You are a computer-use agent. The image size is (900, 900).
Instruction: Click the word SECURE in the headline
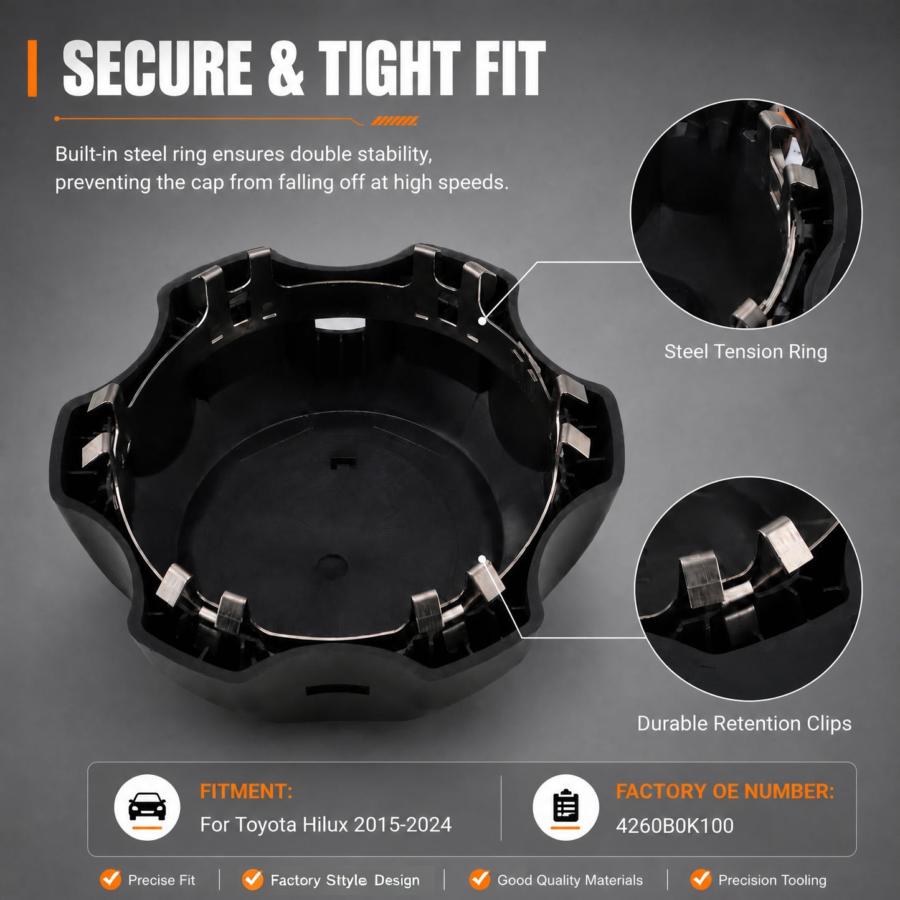pos(158,68)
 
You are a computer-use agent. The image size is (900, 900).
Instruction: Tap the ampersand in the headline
pos(285,68)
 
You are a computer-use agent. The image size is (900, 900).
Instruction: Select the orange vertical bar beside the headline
pos(32,68)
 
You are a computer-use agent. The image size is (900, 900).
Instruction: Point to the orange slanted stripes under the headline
pos(394,121)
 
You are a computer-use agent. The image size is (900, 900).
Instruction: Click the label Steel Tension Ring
pos(746,351)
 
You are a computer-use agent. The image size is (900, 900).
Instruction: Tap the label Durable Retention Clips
pos(744,724)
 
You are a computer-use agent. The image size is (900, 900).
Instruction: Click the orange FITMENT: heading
pos(246,792)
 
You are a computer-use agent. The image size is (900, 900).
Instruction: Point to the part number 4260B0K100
pos(675,826)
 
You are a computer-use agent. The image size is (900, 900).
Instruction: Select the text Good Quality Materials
pos(570,880)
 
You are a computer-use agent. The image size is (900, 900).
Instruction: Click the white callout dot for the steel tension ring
pos(482,321)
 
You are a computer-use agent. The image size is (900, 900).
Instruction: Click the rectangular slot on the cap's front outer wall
pos(337,690)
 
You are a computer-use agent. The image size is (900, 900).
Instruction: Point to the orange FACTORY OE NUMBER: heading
pos(725,792)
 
